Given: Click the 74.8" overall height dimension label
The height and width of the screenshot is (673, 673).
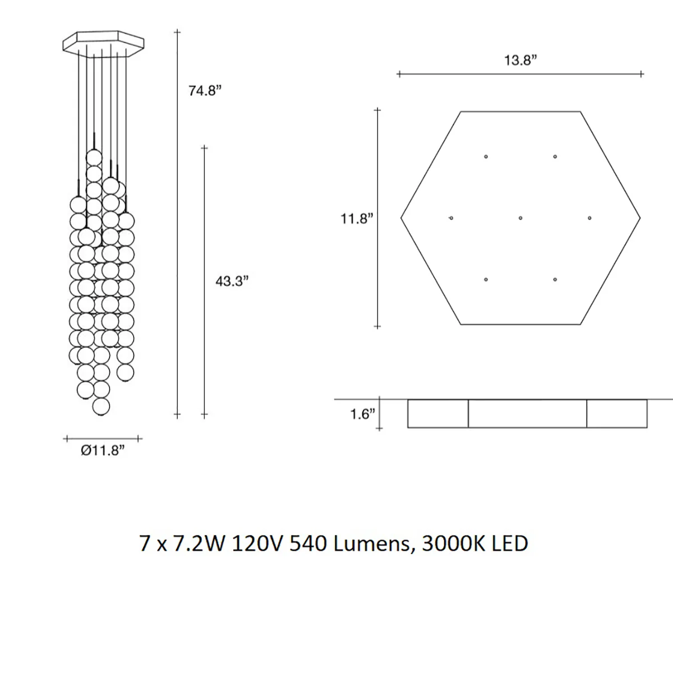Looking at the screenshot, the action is pos(205,91).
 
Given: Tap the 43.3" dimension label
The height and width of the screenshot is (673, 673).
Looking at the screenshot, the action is pos(232,281).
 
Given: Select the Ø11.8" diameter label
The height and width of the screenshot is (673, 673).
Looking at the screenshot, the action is pos(103,451).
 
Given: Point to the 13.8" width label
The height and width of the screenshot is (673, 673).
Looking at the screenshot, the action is pos(520,60).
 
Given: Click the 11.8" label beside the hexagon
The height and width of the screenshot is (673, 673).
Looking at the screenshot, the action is pos(357,219).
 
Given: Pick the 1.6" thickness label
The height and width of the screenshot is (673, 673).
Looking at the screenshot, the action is pos(362,414).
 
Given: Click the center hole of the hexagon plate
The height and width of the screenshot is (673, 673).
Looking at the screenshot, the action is pos(520,218).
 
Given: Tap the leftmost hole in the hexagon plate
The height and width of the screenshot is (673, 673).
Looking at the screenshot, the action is pos(451,218).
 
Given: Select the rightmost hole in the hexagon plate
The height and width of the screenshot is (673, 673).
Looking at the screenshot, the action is pos(589,218).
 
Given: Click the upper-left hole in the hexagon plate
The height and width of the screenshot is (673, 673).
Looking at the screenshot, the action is pos(486,156).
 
